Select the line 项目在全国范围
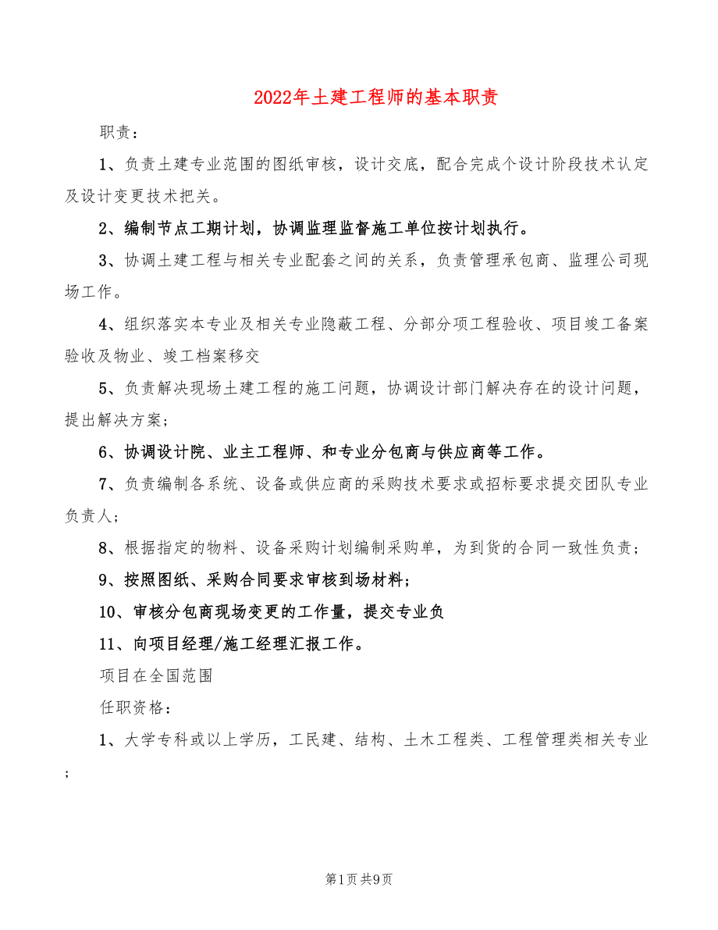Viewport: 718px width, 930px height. [x=156, y=675]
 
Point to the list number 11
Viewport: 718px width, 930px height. [x=108, y=644]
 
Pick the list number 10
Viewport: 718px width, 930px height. [x=108, y=612]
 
